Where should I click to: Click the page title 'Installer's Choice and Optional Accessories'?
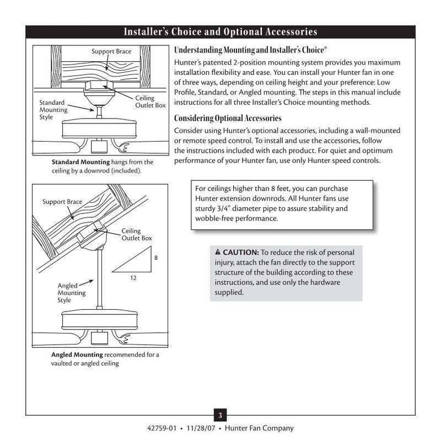click(220, 31)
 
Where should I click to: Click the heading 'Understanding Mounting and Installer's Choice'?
click(250, 50)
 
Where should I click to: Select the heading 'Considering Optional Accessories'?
click(228, 119)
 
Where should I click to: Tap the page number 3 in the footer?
click(220, 415)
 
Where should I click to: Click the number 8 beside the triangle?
click(155, 257)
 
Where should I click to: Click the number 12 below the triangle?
click(133, 278)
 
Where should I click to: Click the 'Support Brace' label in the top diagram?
click(111, 52)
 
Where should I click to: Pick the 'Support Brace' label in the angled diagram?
click(62, 202)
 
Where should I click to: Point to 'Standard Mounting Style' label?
click(53, 110)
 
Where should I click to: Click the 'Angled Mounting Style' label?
click(72, 293)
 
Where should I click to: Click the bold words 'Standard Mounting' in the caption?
click(80, 163)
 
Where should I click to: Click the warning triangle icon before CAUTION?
click(218, 252)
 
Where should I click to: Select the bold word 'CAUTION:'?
click(240, 252)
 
